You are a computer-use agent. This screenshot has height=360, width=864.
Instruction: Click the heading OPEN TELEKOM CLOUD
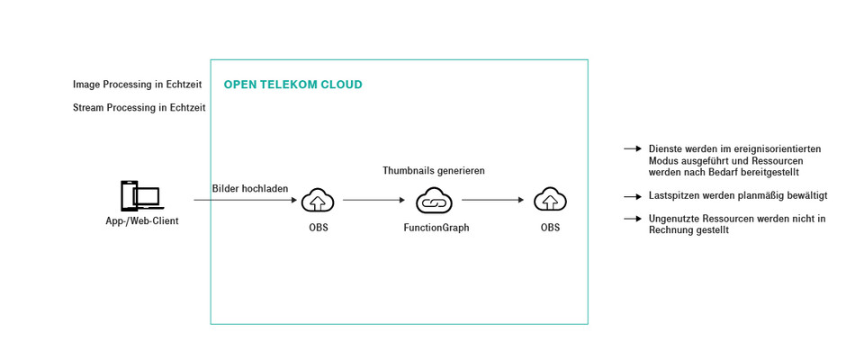[x=292, y=85]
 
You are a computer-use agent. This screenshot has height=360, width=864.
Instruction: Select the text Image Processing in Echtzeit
[x=137, y=85]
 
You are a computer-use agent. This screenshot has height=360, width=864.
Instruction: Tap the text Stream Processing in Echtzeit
[x=139, y=107]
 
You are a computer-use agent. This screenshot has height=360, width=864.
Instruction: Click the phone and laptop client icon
[x=140, y=196]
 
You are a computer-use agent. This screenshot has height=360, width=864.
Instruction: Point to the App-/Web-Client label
[x=141, y=220]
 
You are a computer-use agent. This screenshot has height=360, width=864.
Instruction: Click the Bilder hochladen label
[x=250, y=189]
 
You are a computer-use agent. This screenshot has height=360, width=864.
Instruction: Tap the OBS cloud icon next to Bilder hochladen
[x=318, y=200]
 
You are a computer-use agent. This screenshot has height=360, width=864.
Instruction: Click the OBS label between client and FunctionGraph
[x=318, y=228]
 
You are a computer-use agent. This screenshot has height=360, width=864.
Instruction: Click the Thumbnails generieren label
[x=434, y=170]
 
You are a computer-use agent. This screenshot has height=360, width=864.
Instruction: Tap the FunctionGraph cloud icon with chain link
[x=435, y=200]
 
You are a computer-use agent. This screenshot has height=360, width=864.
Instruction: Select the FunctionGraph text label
[x=436, y=228]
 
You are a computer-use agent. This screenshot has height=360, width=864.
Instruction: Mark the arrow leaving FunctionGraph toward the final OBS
[x=492, y=200]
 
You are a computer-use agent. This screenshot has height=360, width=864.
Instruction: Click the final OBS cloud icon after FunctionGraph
[x=550, y=200]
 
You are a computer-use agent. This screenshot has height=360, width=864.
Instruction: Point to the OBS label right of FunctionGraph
[x=550, y=228]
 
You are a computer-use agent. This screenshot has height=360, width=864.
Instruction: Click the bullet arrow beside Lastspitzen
[x=632, y=195]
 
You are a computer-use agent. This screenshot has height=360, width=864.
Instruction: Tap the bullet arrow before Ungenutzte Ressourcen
[x=632, y=219]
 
